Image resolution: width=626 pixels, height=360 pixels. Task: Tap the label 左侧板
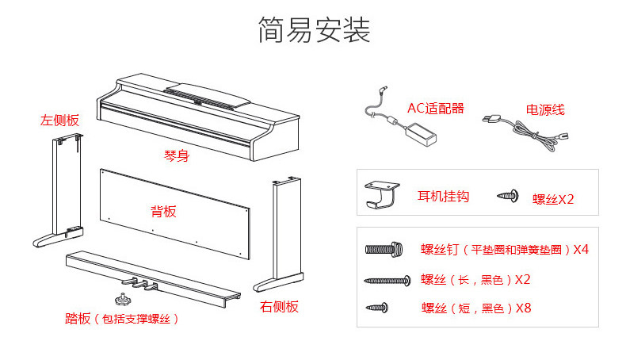coord(60,121)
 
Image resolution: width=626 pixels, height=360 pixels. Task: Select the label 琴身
coord(176,156)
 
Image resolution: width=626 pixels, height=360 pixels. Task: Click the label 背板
coord(163,212)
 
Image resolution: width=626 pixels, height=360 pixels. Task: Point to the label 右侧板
coord(279,306)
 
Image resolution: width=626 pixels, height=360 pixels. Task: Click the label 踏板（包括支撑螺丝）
coord(121,319)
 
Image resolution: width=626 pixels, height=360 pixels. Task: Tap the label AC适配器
coord(435,109)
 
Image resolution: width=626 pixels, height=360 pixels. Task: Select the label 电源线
coord(545,110)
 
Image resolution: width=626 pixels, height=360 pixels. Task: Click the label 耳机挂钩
coord(443,196)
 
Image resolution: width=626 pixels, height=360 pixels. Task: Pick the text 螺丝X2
coord(553,199)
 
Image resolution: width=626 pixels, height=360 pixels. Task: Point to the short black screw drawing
coord(376,306)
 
